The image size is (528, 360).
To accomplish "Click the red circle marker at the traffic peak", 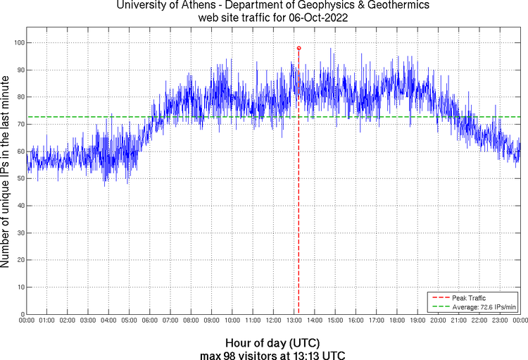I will (x=298, y=48).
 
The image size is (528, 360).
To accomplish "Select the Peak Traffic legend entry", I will (x=470, y=298).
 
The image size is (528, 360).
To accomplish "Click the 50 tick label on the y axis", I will (x=20, y=178).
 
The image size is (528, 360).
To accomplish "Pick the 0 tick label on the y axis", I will (x=23, y=314).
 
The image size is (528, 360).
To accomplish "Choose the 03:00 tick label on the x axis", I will (x=89, y=321).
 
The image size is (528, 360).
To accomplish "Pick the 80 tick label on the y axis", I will (x=20, y=97).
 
